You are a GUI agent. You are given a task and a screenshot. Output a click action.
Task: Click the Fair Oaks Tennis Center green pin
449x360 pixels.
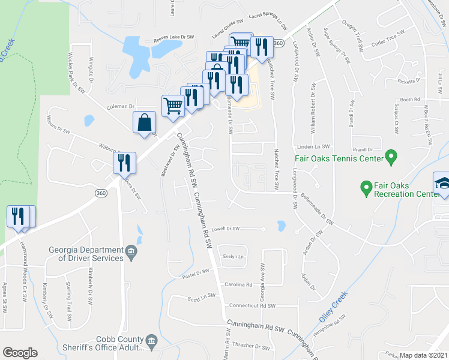(x=391, y=158)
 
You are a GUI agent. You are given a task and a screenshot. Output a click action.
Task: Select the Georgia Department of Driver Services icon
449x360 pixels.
(x=130, y=251)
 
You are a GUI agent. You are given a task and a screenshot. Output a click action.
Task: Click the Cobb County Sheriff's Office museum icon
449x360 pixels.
(x=150, y=343)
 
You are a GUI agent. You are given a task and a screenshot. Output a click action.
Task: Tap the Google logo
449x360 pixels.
(x=20, y=353)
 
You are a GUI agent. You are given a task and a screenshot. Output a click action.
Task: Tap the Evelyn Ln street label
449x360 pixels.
(x=232, y=256)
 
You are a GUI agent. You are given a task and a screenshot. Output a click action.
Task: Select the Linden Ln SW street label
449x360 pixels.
(x=314, y=146)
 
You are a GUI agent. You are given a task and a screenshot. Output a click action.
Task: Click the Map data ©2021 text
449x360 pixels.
(x=423, y=355)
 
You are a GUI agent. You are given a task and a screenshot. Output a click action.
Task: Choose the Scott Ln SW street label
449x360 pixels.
(x=201, y=297)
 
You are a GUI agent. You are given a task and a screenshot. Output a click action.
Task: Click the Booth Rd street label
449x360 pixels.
(x=409, y=100)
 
